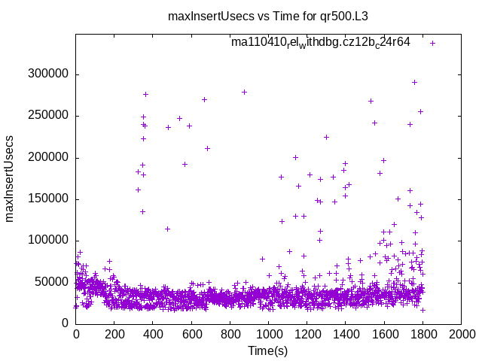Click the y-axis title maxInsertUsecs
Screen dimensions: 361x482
point(10,178)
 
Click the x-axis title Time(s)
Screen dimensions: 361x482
point(268,350)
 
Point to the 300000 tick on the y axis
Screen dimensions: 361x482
point(48,74)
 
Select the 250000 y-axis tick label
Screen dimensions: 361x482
point(48,116)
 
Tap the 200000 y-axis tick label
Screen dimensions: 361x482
point(48,157)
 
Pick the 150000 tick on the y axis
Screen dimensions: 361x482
point(48,199)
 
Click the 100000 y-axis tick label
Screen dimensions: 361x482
point(48,241)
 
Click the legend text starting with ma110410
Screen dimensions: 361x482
point(320,43)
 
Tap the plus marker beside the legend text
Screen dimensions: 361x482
point(432,43)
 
